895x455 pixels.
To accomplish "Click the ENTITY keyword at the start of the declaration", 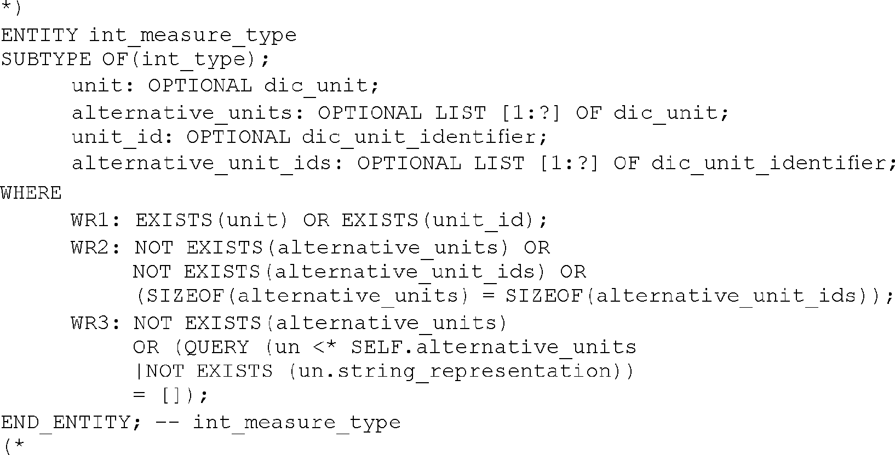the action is coord(39,36).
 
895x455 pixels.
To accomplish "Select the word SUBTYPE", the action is coord(46,59).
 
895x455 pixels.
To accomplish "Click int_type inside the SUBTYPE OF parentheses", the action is coord(193,59).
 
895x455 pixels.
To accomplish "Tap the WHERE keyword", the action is coord(31,193).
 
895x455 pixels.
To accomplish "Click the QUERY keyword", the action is coord(217,347).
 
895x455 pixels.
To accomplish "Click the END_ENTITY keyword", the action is coord(65,422).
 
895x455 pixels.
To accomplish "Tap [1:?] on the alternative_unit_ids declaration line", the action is coord(569,163).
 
